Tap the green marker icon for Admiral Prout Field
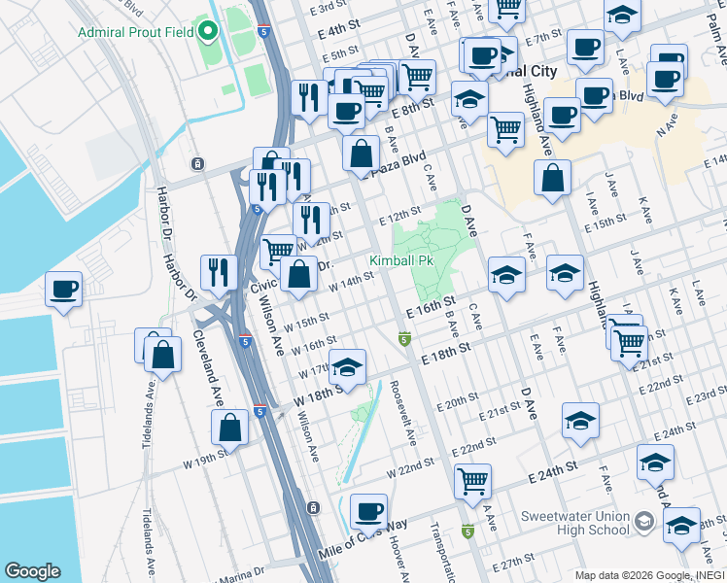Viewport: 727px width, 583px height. pos(207,30)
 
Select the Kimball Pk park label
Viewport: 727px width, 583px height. pos(400,260)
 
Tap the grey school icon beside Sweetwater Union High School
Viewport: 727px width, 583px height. pos(643,523)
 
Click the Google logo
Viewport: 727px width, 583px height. pos(32,570)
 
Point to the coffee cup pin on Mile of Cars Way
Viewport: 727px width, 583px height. pos(368,511)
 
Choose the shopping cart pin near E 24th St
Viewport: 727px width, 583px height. pos(472,479)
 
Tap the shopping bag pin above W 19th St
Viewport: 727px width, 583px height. pos(229,426)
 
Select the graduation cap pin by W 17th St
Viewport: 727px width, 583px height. pos(347,367)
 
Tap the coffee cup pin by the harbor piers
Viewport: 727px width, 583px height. pos(64,289)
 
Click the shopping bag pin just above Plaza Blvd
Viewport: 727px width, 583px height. pos(361,153)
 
